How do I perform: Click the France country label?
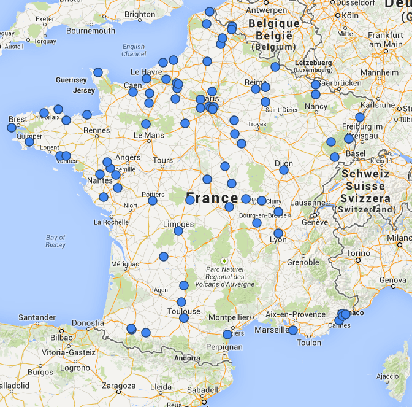point(212,198)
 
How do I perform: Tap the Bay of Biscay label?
point(55,241)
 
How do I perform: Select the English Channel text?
point(134,50)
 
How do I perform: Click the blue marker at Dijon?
point(284,170)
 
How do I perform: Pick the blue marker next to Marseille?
point(293,330)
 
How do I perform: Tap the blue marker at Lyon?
point(278,233)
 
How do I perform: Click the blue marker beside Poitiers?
point(153,201)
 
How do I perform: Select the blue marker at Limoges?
point(178,231)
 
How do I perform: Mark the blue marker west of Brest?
point(11,128)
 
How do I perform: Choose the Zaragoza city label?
point(119,387)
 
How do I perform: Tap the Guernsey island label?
point(71,80)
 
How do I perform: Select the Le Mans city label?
point(148,135)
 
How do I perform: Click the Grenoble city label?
point(303,262)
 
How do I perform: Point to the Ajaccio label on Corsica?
point(387,376)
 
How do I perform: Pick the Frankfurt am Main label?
point(385,40)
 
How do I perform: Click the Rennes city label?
point(97,130)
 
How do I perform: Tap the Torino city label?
point(359,253)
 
